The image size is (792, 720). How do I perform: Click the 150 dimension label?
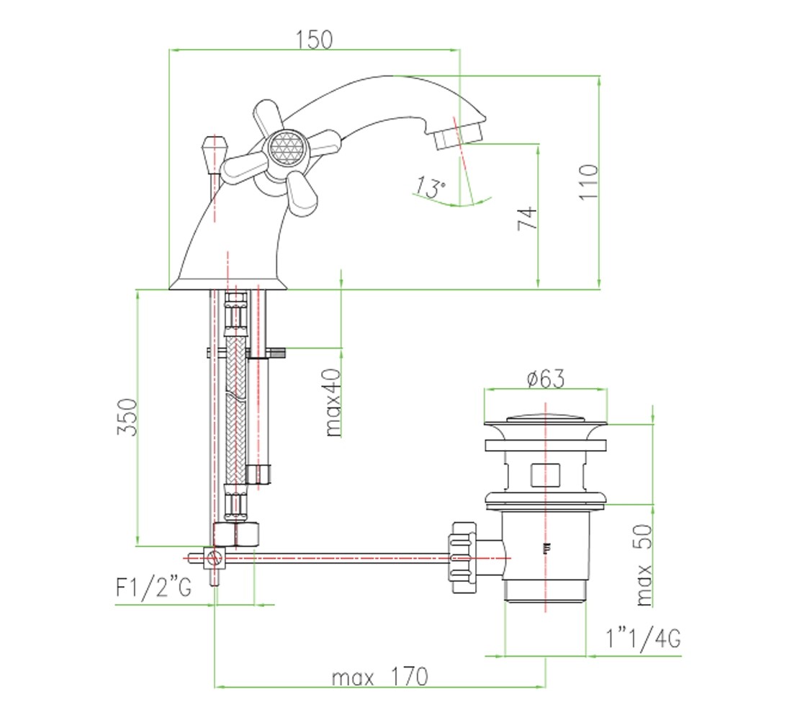point(314,40)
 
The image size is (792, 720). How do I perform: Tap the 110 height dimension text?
point(588,182)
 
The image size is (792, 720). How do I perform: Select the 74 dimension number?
point(527,217)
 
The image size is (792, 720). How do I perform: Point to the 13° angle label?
point(431,187)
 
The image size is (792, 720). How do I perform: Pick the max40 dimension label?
point(333,402)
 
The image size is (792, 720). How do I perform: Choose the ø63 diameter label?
point(546,379)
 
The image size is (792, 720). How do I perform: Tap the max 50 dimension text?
point(643,565)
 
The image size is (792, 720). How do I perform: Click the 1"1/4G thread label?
point(643,638)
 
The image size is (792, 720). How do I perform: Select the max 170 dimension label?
point(380,677)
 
